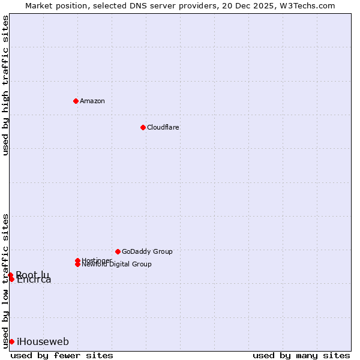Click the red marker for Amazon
(76, 101)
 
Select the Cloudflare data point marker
(143, 127)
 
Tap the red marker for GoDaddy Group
(118, 251)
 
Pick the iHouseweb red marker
(11, 341)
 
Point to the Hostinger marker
(77, 260)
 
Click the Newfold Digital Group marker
(78, 264)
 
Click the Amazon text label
(92, 101)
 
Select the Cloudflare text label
(163, 127)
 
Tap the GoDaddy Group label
(147, 251)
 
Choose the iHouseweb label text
(43, 342)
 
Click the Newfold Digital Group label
(116, 265)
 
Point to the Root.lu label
(32, 274)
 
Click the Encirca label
(34, 280)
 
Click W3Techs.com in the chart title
(305, 5)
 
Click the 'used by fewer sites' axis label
(62, 355)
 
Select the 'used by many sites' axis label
(301, 355)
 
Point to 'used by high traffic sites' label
(5, 85)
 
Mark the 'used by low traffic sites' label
(5, 281)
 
